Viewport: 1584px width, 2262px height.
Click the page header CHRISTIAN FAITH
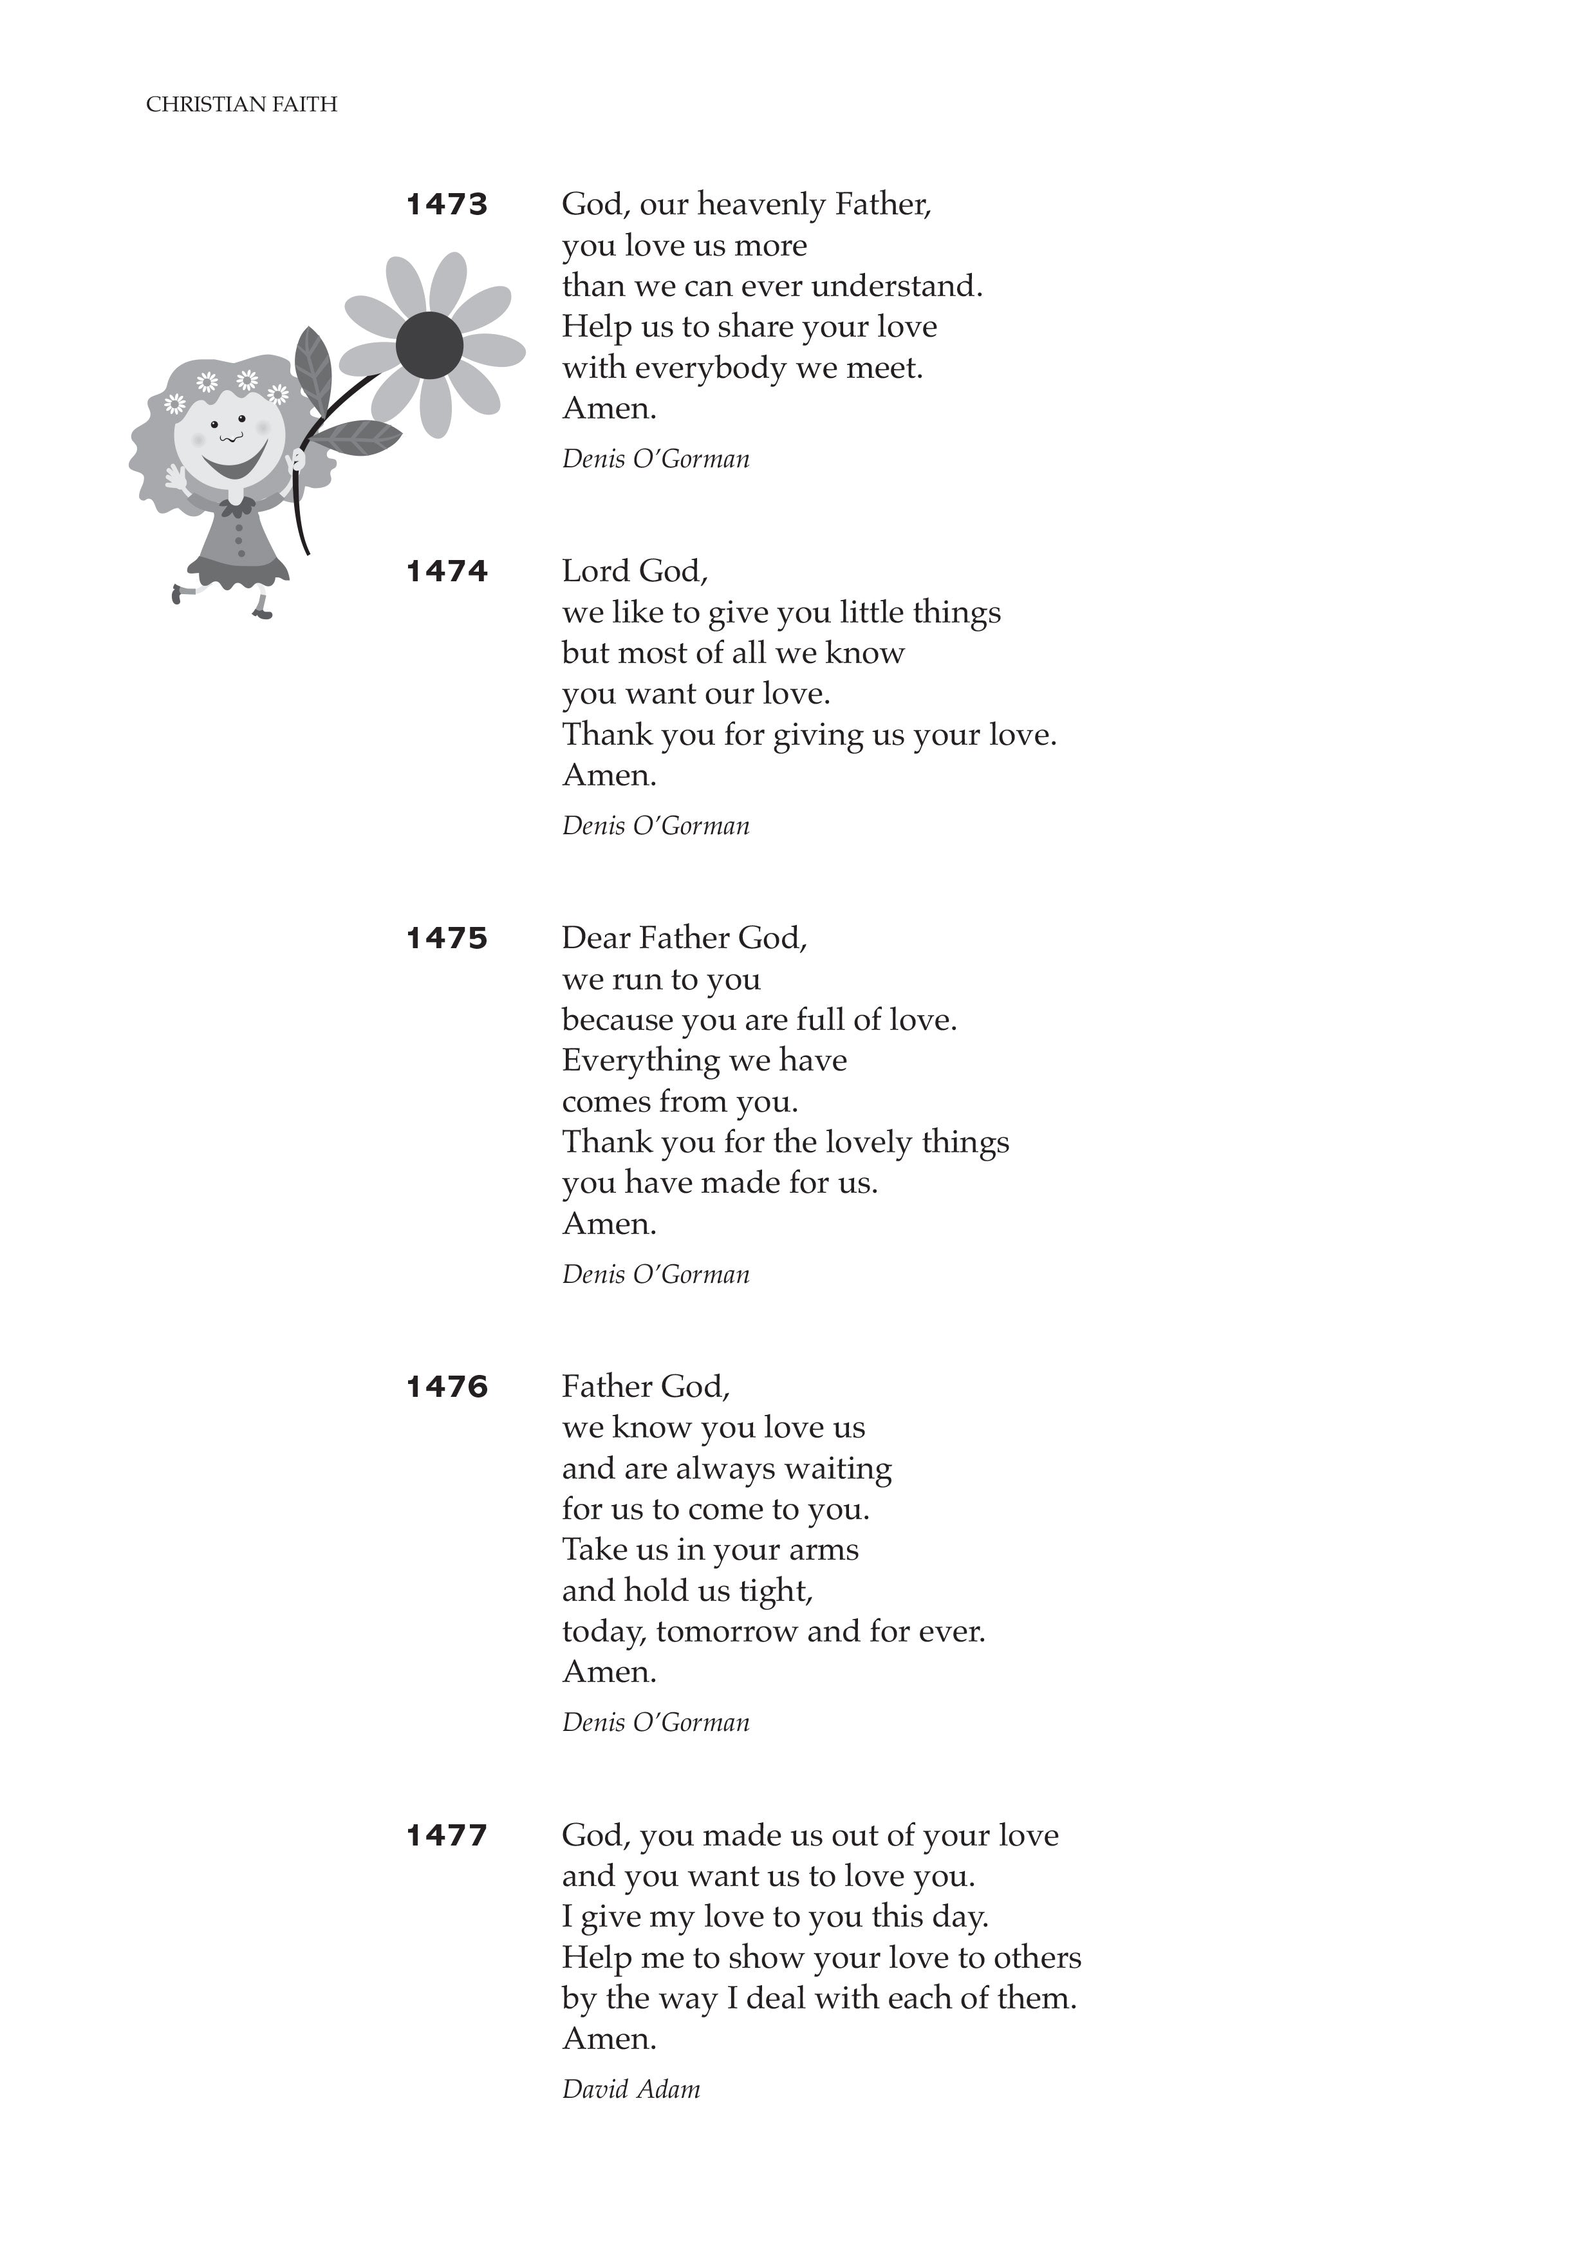[241, 104]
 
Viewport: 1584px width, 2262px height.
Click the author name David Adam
[631, 2089]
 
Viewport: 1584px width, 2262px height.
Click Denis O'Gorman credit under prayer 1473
[655, 459]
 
